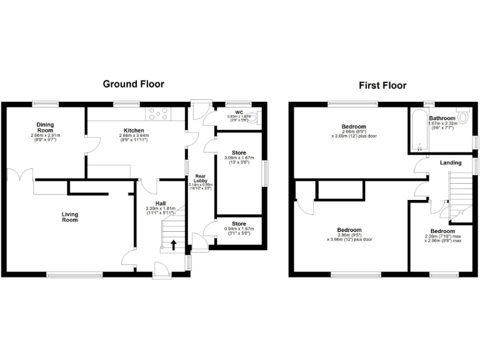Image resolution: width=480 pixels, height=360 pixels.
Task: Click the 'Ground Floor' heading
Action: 133,84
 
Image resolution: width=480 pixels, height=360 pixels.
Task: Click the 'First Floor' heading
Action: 382,86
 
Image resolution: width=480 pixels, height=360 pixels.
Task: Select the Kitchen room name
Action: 134,131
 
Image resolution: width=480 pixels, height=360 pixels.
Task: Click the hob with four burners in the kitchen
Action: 158,114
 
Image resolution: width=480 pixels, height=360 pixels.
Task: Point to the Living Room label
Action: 70,217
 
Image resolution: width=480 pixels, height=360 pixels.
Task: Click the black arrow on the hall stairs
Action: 172,245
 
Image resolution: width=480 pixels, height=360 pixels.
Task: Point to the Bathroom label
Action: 441,118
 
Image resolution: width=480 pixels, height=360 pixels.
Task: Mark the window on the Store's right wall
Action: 265,173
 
